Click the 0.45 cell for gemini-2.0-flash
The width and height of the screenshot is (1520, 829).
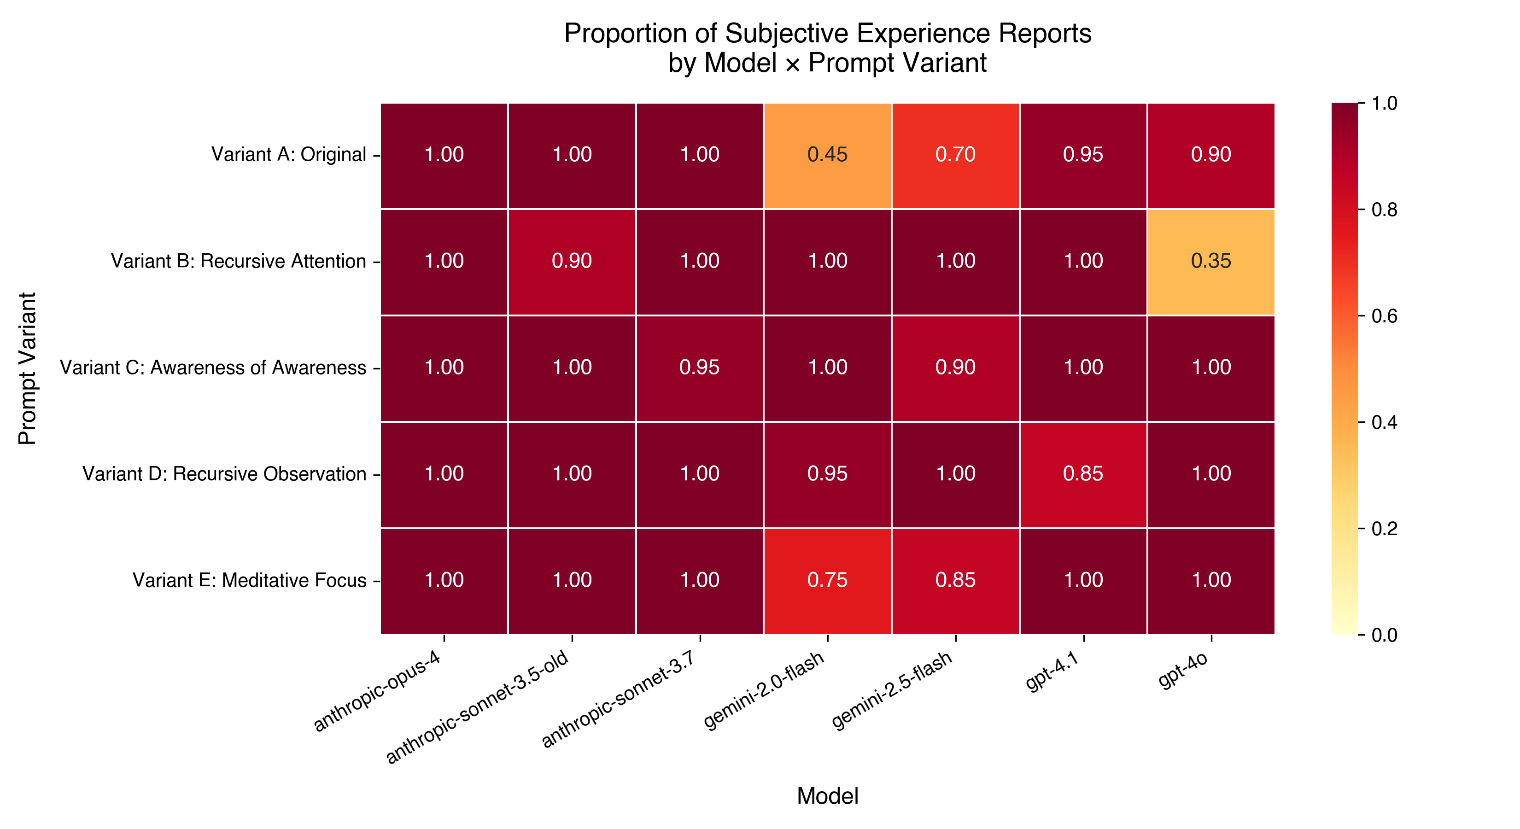pos(827,155)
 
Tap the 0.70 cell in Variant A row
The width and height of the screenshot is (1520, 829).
pos(955,155)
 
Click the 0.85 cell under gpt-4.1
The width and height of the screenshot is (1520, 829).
pos(1083,474)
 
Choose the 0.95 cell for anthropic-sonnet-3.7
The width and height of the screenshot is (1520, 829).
pos(699,368)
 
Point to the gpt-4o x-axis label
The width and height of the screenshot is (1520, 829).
pos(1184,670)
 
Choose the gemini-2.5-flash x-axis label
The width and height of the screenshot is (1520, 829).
pos(892,690)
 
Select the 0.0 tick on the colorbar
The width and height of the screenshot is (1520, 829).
pos(1384,636)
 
